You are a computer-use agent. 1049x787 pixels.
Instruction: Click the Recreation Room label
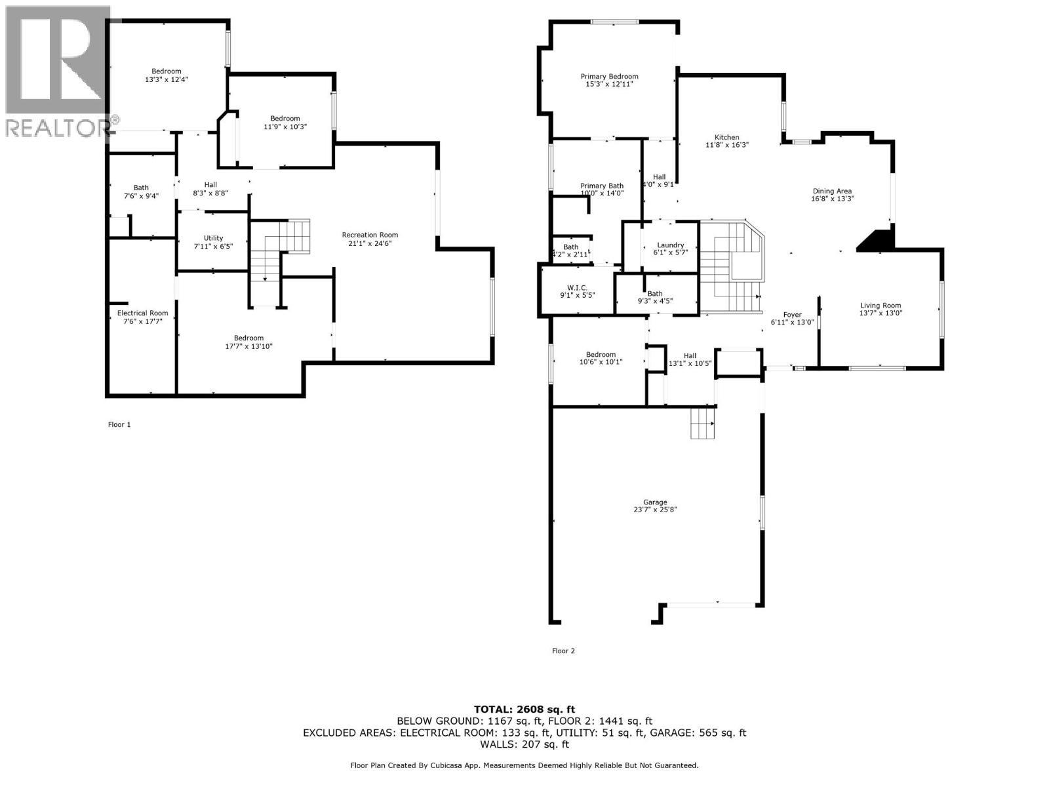[370, 235]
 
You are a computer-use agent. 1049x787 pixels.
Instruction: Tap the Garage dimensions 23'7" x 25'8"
[655, 510]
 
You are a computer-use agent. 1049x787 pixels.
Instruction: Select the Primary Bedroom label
[609, 76]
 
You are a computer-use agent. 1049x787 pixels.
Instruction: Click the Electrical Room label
[142, 313]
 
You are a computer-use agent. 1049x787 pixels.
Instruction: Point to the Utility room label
[213, 238]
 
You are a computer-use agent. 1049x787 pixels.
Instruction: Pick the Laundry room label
[670, 245]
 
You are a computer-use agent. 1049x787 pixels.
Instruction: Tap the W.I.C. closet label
[576, 287]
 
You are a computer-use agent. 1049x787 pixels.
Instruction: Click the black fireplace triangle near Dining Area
[877, 240]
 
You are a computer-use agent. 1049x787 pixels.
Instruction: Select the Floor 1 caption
[119, 424]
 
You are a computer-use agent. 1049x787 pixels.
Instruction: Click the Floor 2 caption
[563, 651]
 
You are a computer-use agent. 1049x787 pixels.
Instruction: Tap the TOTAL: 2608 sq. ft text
[524, 709]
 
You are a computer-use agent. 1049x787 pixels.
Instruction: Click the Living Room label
[881, 305]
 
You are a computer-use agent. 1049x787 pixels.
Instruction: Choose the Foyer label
[792, 314]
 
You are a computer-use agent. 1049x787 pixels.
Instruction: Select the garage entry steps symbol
[702, 423]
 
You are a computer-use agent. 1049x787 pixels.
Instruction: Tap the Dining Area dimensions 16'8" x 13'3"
[832, 199]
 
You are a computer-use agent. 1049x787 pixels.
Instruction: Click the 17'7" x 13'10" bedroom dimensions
[248, 346]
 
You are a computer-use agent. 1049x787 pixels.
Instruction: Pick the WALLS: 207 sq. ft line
[524, 744]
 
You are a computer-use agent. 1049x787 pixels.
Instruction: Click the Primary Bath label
[601, 186]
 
